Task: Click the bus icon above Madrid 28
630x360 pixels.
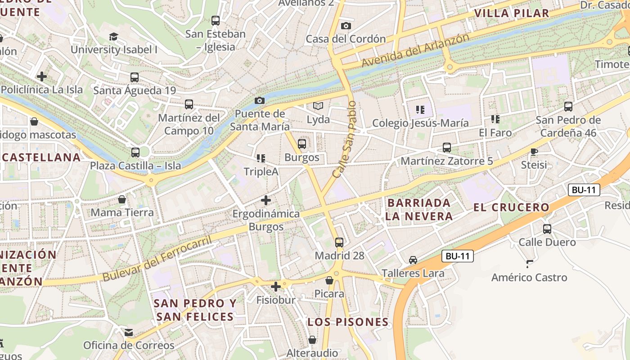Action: tap(339, 242)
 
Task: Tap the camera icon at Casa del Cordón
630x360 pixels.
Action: tap(346, 26)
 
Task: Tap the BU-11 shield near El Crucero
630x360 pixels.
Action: tap(584, 190)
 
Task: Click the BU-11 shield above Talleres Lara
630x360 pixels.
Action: tap(457, 256)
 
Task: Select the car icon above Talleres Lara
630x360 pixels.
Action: tap(413, 260)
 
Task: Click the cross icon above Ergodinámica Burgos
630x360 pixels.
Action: tap(266, 200)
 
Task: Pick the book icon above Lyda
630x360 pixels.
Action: tap(318, 106)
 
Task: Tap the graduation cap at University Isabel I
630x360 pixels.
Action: tap(113, 36)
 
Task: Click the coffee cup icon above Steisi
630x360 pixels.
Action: tap(534, 152)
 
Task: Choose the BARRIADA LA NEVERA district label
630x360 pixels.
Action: tap(418, 209)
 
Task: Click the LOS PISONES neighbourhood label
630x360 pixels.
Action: tap(348, 322)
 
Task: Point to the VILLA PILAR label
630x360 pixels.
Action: tap(512, 13)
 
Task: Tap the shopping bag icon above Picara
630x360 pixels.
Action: tap(329, 280)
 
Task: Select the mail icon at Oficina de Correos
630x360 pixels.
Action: tap(129, 333)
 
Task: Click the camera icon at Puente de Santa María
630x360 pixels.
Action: tap(260, 100)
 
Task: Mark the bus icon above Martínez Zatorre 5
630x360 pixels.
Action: tap(446, 148)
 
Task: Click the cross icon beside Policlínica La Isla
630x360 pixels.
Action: tap(42, 76)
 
